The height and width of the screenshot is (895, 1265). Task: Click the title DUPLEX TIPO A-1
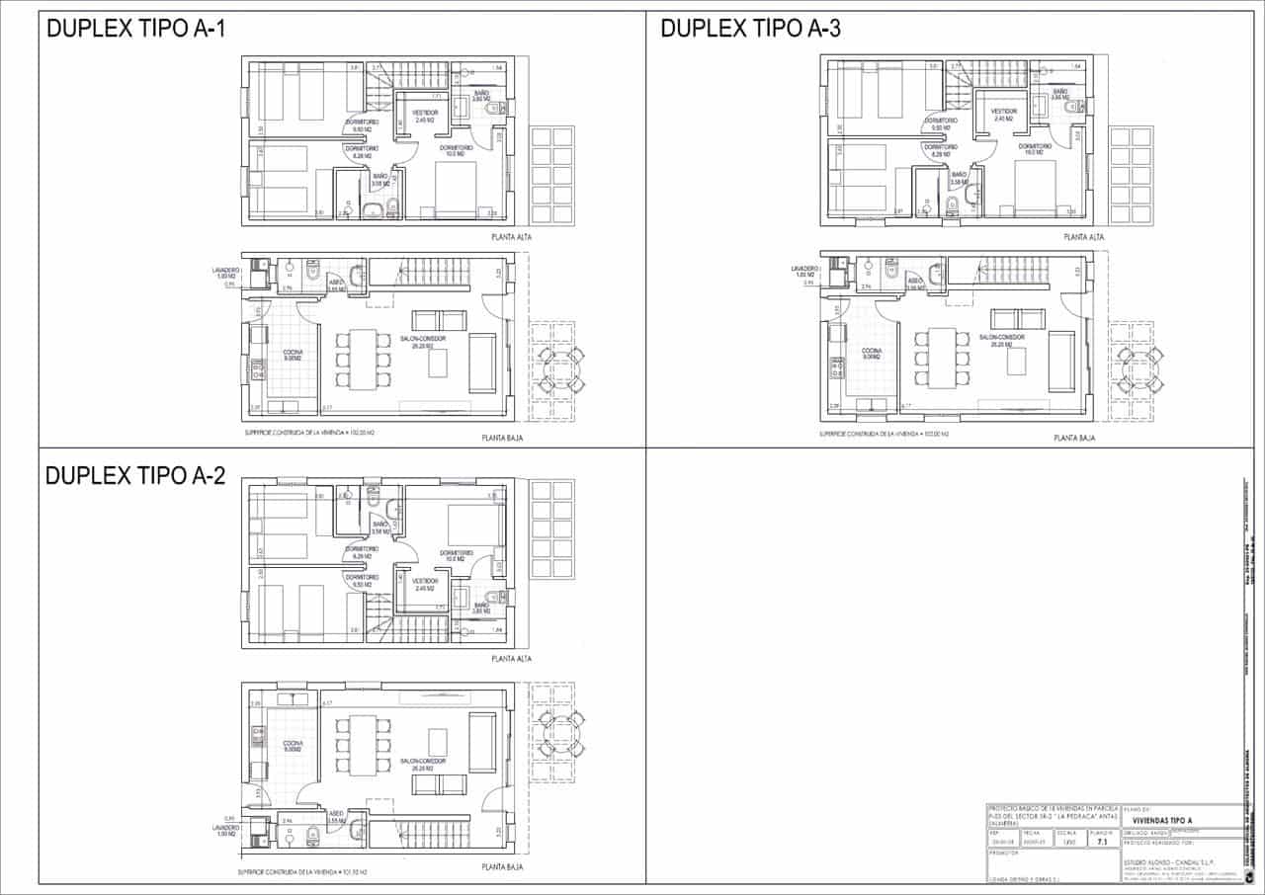[136, 30]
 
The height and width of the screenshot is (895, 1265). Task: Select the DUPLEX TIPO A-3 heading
[750, 30]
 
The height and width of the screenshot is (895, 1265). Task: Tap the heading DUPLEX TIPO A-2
[136, 476]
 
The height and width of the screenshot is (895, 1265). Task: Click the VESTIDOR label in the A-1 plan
[425, 114]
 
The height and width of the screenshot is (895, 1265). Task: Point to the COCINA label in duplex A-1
[292, 352]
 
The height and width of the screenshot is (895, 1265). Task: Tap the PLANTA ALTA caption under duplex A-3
[1084, 237]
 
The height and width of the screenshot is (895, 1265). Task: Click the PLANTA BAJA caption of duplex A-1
[501, 437]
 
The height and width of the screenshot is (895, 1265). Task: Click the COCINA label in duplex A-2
[292, 743]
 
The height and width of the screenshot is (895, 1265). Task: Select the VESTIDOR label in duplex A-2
[425, 581]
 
